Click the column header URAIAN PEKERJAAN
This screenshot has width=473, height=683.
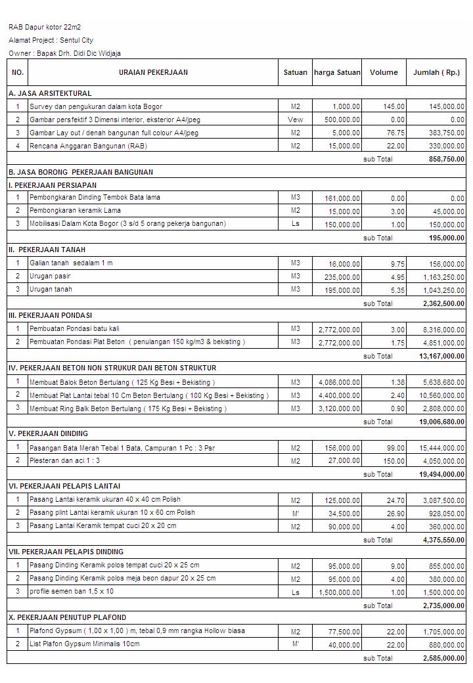pyautogui.click(x=153, y=72)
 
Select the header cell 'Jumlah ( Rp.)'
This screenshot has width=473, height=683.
pyautogui.click(x=436, y=72)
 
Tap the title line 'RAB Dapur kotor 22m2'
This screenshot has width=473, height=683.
pyautogui.click(x=45, y=28)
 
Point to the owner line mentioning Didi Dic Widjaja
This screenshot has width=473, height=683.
pyautogui.click(x=64, y=53)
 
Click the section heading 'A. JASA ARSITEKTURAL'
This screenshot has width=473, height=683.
pyautogui.click(x=50, y=93)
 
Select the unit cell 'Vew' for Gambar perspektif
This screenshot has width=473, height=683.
pyautogui.click(x=295, y=120)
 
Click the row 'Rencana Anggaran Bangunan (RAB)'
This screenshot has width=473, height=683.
pyautogui.click(x=88, y=146)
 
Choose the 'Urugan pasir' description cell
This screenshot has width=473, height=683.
pyautogui.click(x=50, y=276)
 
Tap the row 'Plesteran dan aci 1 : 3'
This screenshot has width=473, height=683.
pyautogui.click(x=64, y=460)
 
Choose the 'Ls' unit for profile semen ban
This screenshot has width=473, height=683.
pyautogui.click(x=295, y=592)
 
